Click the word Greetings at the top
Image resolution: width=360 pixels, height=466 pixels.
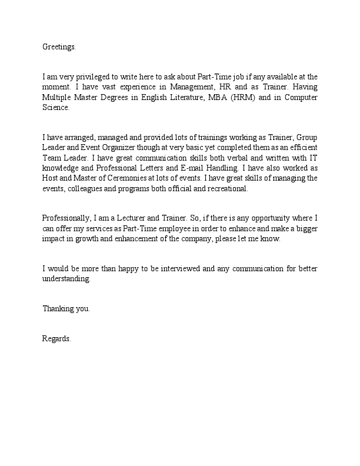click(59, 46)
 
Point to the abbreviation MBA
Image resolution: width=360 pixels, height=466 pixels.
click(212, 98)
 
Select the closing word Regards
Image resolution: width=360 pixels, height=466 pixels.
click(56, 338)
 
